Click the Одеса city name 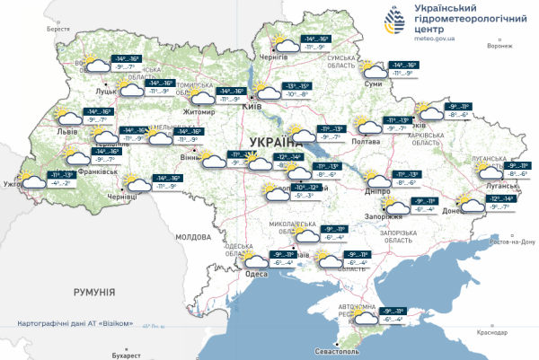pyautogui.click(x=256, y=275)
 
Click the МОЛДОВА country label pyautogui.click(x=191, y=237)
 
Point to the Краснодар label pyautogui.click(x=493, y=331)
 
